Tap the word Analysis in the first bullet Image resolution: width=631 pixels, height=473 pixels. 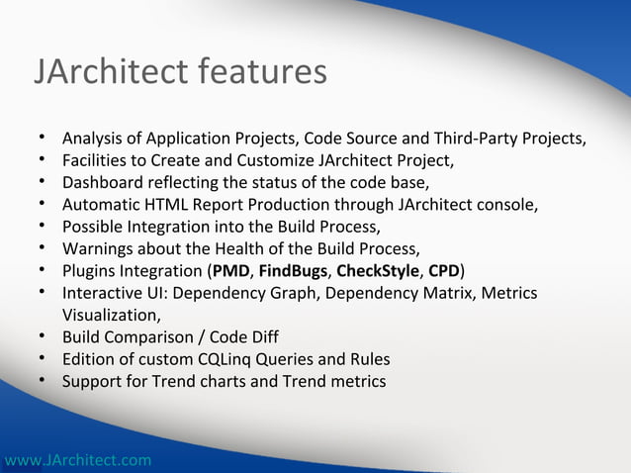pyautogui.click(x=93, y=138)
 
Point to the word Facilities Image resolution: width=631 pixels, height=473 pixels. pyautogui.click(x=94, y=159)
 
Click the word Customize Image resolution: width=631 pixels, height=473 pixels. pyautogui.click(x=275, y=159)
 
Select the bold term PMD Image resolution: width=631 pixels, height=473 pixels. pyautogui.click(x=230, y=271)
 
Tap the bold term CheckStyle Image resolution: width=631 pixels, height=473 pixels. pyautogui.click(x=378, y=271)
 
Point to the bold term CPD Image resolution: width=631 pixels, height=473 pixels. pyautogui.click(x=443, y=271)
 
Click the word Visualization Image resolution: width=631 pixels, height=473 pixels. pyautogui.click(x=110, y=315)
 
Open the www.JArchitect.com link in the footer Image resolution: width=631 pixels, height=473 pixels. pyautogui.click(x=77, y=460)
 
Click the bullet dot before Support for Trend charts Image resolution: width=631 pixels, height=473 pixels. pyautogui.click(x=44, y=381)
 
